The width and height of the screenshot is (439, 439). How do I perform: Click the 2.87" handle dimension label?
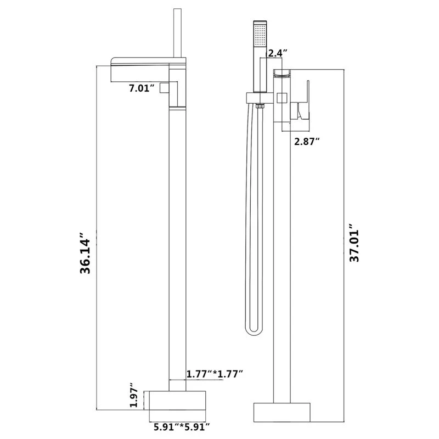pos(306,140)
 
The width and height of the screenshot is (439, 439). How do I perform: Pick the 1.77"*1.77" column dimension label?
pos(214,374)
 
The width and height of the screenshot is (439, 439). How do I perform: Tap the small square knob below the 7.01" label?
pos(164,88)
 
